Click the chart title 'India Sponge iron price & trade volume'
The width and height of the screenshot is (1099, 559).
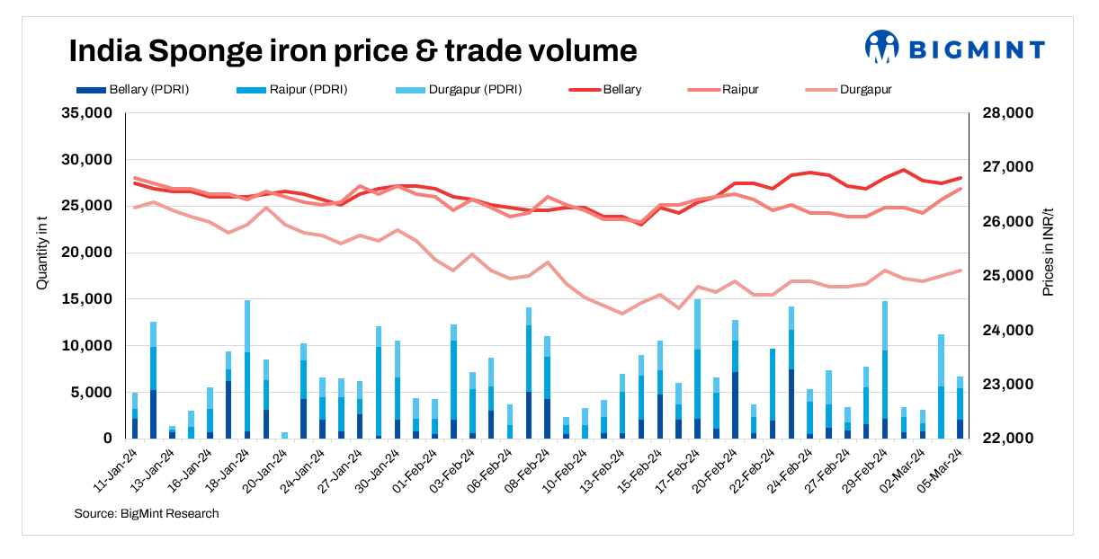353,50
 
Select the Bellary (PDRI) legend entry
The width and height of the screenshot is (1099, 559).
133,90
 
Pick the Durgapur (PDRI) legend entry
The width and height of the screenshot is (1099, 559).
458,90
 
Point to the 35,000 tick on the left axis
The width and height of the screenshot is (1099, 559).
86,113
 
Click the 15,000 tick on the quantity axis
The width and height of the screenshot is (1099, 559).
86,299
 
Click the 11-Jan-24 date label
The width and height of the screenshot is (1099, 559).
117,469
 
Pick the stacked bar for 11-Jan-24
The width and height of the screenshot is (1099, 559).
135,415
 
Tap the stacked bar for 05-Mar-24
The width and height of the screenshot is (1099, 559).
961,407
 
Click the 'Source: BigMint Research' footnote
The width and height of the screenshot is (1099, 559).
147,514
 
